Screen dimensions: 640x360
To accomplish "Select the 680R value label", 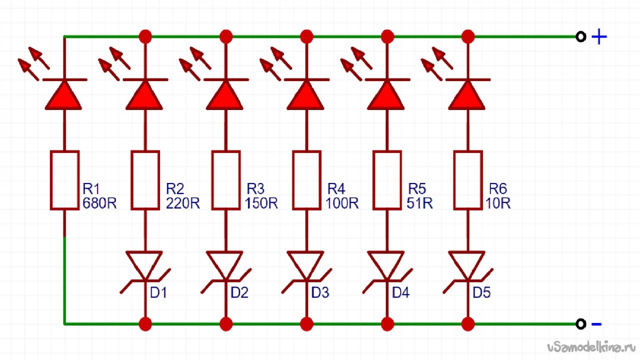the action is [x=99, y=203].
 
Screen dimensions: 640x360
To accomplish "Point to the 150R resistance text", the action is [x=261, y=203].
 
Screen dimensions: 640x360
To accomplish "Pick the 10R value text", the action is [x=498, y=203].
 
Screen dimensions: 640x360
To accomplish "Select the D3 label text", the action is [x=320, y=292].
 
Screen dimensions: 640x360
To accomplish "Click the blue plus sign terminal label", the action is [x=599, y=37].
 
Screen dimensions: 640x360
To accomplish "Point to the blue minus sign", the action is [x=596, y=323].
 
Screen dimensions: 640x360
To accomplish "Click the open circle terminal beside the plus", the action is [x=580, y=37].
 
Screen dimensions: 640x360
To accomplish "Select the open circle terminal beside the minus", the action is [x=580, y=323].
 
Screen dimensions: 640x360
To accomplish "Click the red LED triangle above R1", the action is [x=63, y=95].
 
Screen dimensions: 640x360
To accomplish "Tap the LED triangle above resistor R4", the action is [x=305, y=95].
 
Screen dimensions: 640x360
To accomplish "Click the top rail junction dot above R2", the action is [x=145, y=36].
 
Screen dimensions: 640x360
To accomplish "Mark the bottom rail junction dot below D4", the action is [x=387, y=324].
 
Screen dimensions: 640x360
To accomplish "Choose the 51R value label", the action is [x=419, y=203].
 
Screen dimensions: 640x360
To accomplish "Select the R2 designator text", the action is [x=175, y=189].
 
